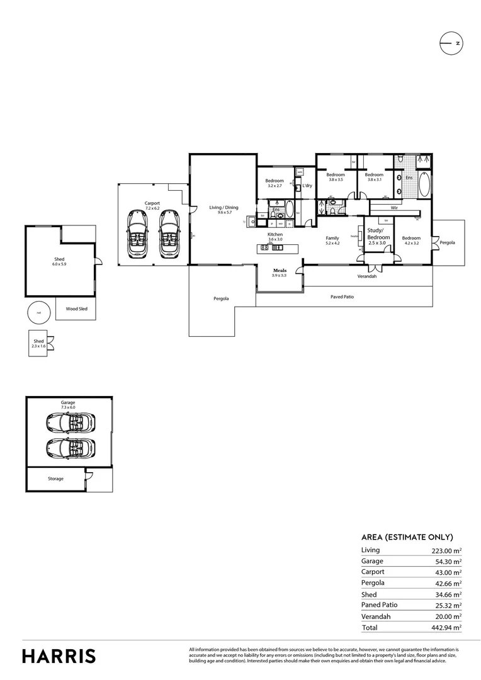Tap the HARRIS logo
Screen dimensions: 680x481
coord(59,655)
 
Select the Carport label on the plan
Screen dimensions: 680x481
coord(152,203)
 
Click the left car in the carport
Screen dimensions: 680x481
coord(137,233)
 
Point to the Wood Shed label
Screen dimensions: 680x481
coord(76,309)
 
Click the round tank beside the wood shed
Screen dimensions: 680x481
coord(38,312)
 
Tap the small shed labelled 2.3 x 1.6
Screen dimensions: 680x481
coord(39,343)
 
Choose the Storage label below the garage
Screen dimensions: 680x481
coord(55,479)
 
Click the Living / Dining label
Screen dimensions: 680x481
coord(224,207)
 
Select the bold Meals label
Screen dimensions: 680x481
coord(280,271)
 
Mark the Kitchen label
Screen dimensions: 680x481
coord(275,234)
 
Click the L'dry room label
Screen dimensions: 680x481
coord(307,186)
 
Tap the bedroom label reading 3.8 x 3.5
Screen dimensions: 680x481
coord(336,177)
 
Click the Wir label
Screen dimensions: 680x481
coord(394,207)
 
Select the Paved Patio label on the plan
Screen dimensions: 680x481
coord(342,296)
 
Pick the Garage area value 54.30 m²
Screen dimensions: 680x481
coord(446,561)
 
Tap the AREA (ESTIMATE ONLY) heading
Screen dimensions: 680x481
coord(407,537)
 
